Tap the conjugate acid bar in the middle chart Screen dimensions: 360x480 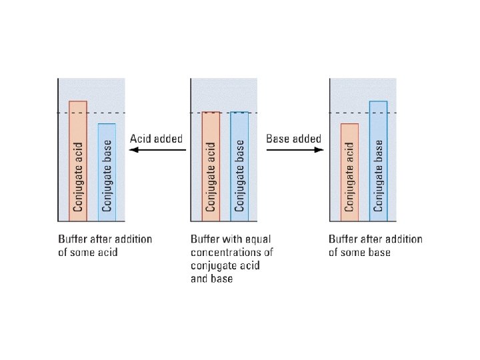(211, 166)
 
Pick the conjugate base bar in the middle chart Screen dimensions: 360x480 (240, 166)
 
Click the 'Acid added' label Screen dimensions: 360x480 (156, 139)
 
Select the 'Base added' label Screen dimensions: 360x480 (293, 139)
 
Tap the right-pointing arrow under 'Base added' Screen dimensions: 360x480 (295, 150)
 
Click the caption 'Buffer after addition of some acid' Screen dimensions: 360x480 (105, 245)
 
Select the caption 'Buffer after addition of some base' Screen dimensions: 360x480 (375, 245)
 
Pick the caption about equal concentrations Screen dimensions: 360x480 (231, 259)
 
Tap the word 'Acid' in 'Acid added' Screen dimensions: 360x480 (141, 139)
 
